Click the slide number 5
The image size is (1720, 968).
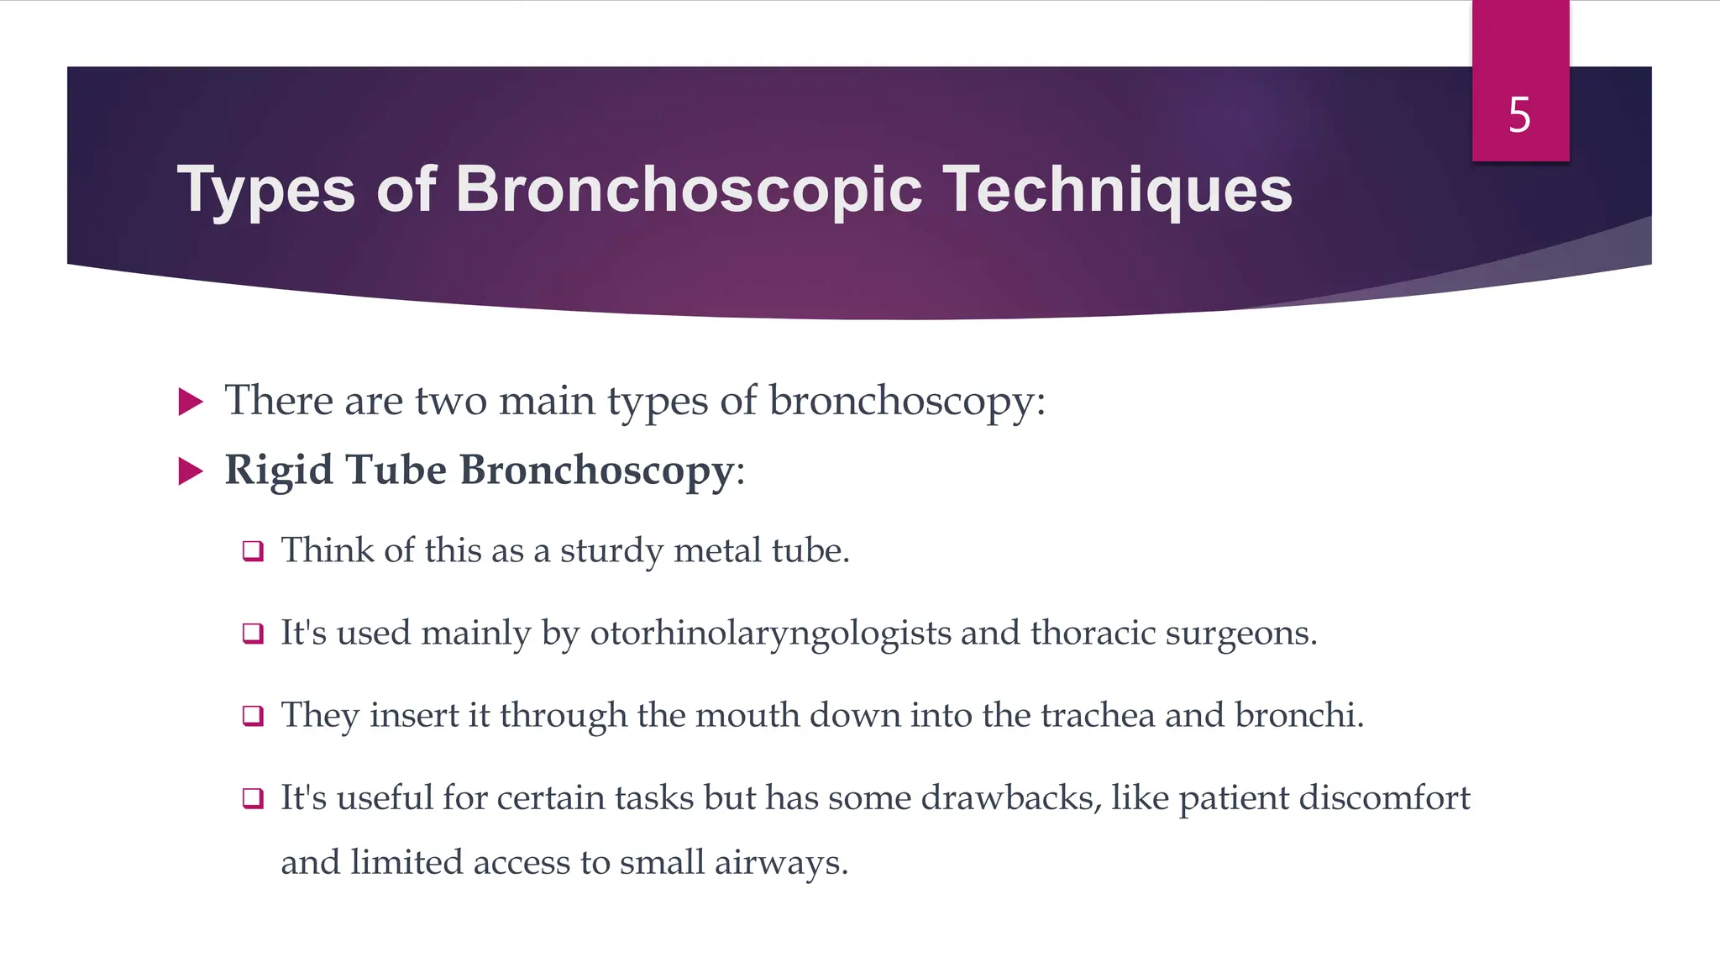(1519, 115)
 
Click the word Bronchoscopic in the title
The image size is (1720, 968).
(689, 190)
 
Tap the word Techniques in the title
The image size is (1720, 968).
(1118, 190)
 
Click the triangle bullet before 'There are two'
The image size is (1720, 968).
(191, 402)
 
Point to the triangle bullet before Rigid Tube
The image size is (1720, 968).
(191, 471)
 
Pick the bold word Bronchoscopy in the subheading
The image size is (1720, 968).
(597, 471)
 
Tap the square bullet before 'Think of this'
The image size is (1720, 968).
(253, 551)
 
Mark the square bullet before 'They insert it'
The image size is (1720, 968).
(253, 716)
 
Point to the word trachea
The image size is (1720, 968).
(1098, 715)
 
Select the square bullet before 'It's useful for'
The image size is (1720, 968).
(253, 797)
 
